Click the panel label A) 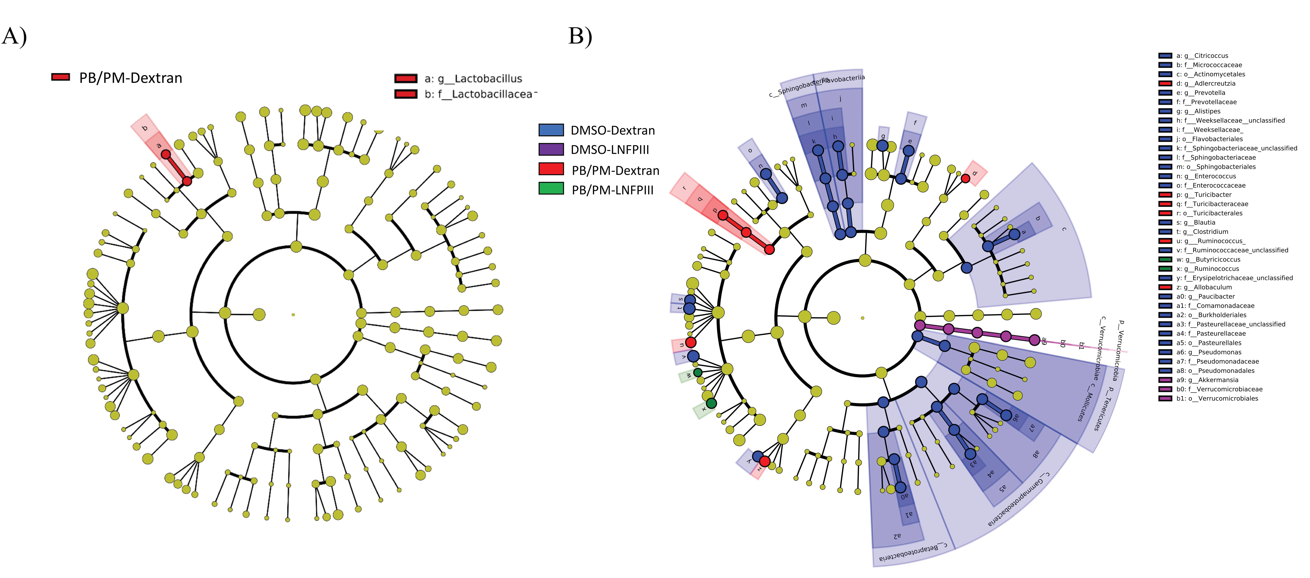coord(14,37)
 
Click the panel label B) coord(580,37)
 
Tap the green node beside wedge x coord(712,403)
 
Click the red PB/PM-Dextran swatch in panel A coord(60,77)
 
